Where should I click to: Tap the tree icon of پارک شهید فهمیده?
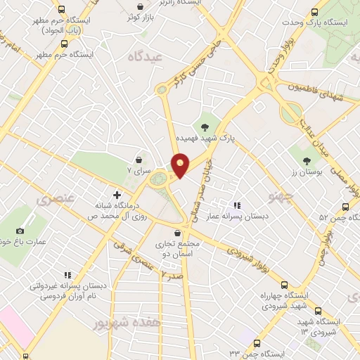pyautogui.click(x=205, y=127)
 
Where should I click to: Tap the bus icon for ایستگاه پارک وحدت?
pyautogui.click(x=316, y=12)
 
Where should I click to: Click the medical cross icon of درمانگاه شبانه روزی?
pyautogui.click(x=117, y=193)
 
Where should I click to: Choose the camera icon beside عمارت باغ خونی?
pyautogui.click(x=20, y=231)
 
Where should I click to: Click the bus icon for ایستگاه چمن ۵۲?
pyautogui.click(x=345, y=207)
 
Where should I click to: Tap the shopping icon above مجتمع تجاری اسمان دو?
pyautogui.click(x=176, y=233)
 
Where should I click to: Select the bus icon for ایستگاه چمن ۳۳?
pyautogui.click(x=256, y=345)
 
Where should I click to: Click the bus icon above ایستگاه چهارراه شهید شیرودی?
pyautogui.click(x=284, y=285)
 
